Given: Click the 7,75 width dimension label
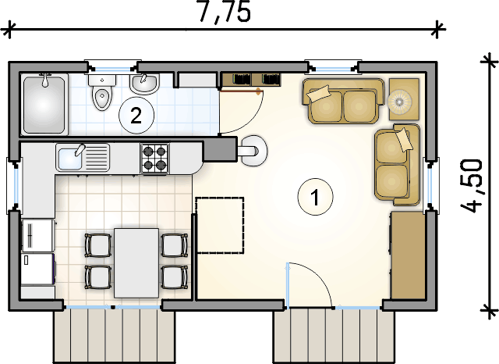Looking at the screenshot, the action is [x=225, y=12].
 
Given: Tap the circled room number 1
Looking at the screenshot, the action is [x=315, y=197].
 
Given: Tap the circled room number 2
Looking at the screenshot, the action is [x=136, y=116].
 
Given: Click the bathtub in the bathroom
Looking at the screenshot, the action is [x=44, y=104].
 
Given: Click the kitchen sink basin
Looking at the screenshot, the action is [x=69, y=157].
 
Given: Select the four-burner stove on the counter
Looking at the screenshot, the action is [x=154, y=158].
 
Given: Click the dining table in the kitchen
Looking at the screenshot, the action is [x=136, y=263].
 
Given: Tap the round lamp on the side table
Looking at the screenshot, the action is [x=399, y=102].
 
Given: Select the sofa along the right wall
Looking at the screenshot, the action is [x=397, y=165].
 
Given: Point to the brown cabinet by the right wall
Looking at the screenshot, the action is [x=407, y=255].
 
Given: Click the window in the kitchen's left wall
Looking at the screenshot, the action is [x=14, y=185].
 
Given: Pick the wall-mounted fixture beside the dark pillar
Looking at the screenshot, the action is [x=253, y=151].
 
